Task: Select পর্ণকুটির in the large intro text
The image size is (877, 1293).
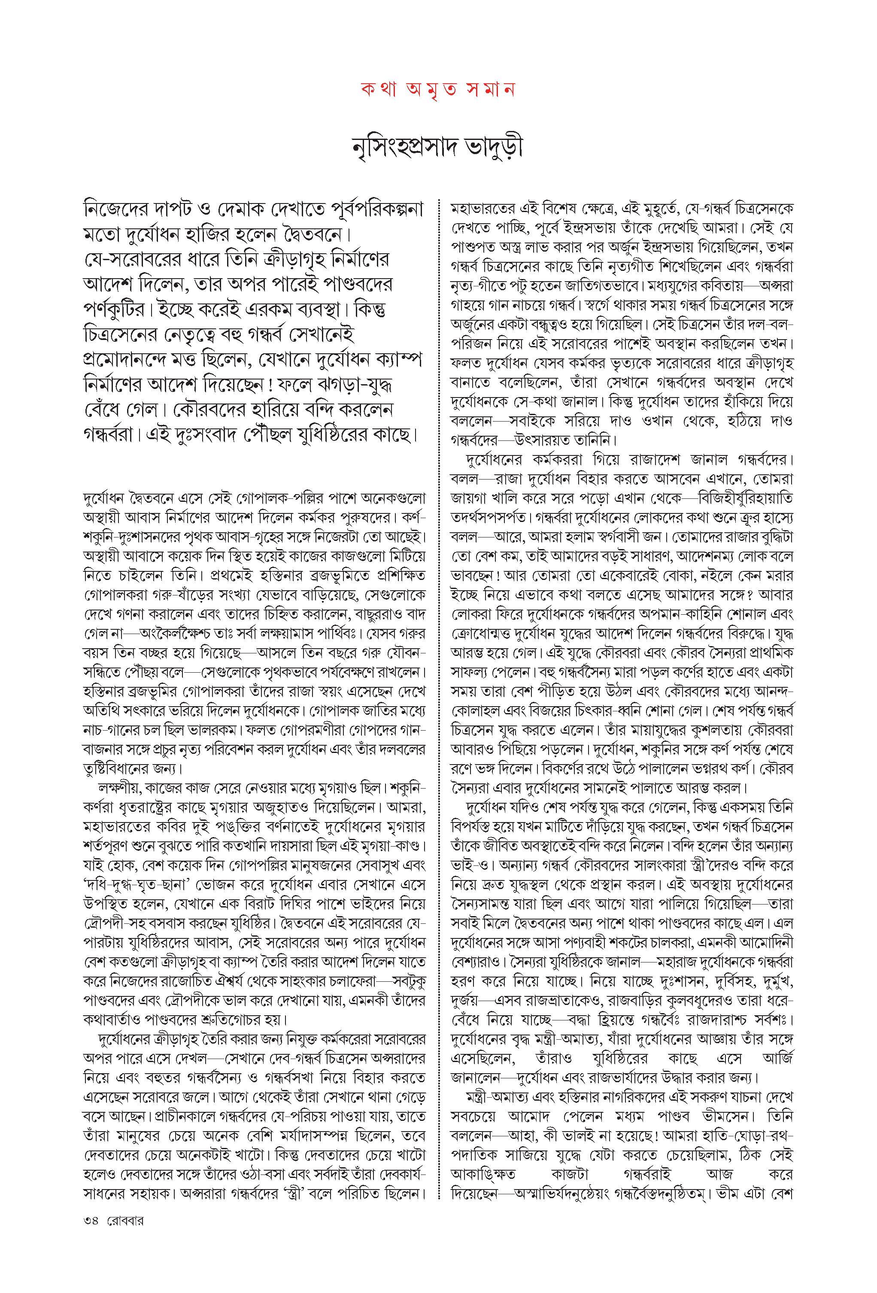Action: click(x=115, y=310)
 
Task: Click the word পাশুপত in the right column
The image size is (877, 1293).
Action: click(x=472, y=246)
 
